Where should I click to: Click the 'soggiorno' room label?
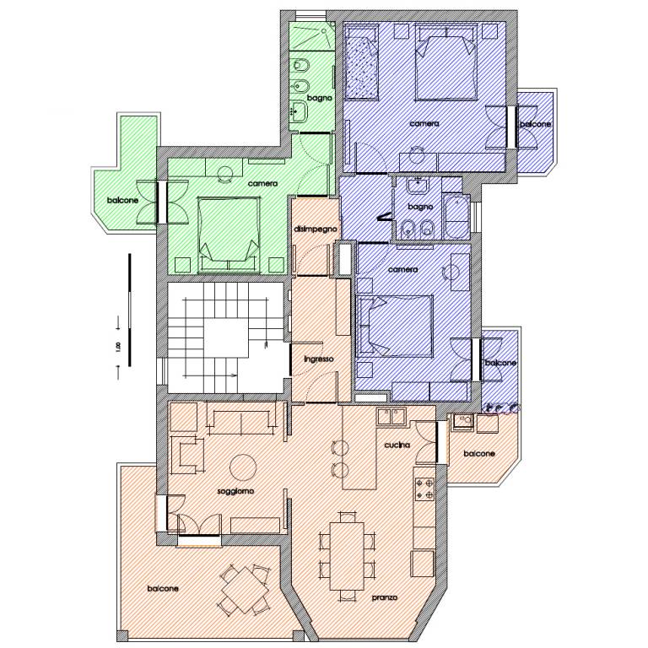tap(235, 491)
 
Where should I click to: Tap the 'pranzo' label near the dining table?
tap(385, 597)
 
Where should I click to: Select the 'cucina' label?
tap(397, 445)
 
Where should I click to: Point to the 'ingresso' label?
tap(318, 359)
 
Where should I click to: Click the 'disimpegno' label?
tap(316, 229)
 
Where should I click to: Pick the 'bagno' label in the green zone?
tap(320, 99)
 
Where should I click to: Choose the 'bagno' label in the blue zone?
tap(420, 207)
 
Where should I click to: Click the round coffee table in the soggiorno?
tap(243, 467)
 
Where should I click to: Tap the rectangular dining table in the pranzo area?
tap(347, 556)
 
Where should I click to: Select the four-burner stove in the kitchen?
tap(425, 489)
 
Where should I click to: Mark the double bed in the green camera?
tap(229, 235)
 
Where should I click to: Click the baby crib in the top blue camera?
tap(362, 62)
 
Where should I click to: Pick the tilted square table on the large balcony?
tap(244, 590)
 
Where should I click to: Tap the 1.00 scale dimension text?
tap(119, 347)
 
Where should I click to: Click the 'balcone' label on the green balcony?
tap(122, 201)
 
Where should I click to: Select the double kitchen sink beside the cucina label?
tap(391, 417)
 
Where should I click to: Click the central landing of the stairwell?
tap(226, 337)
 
